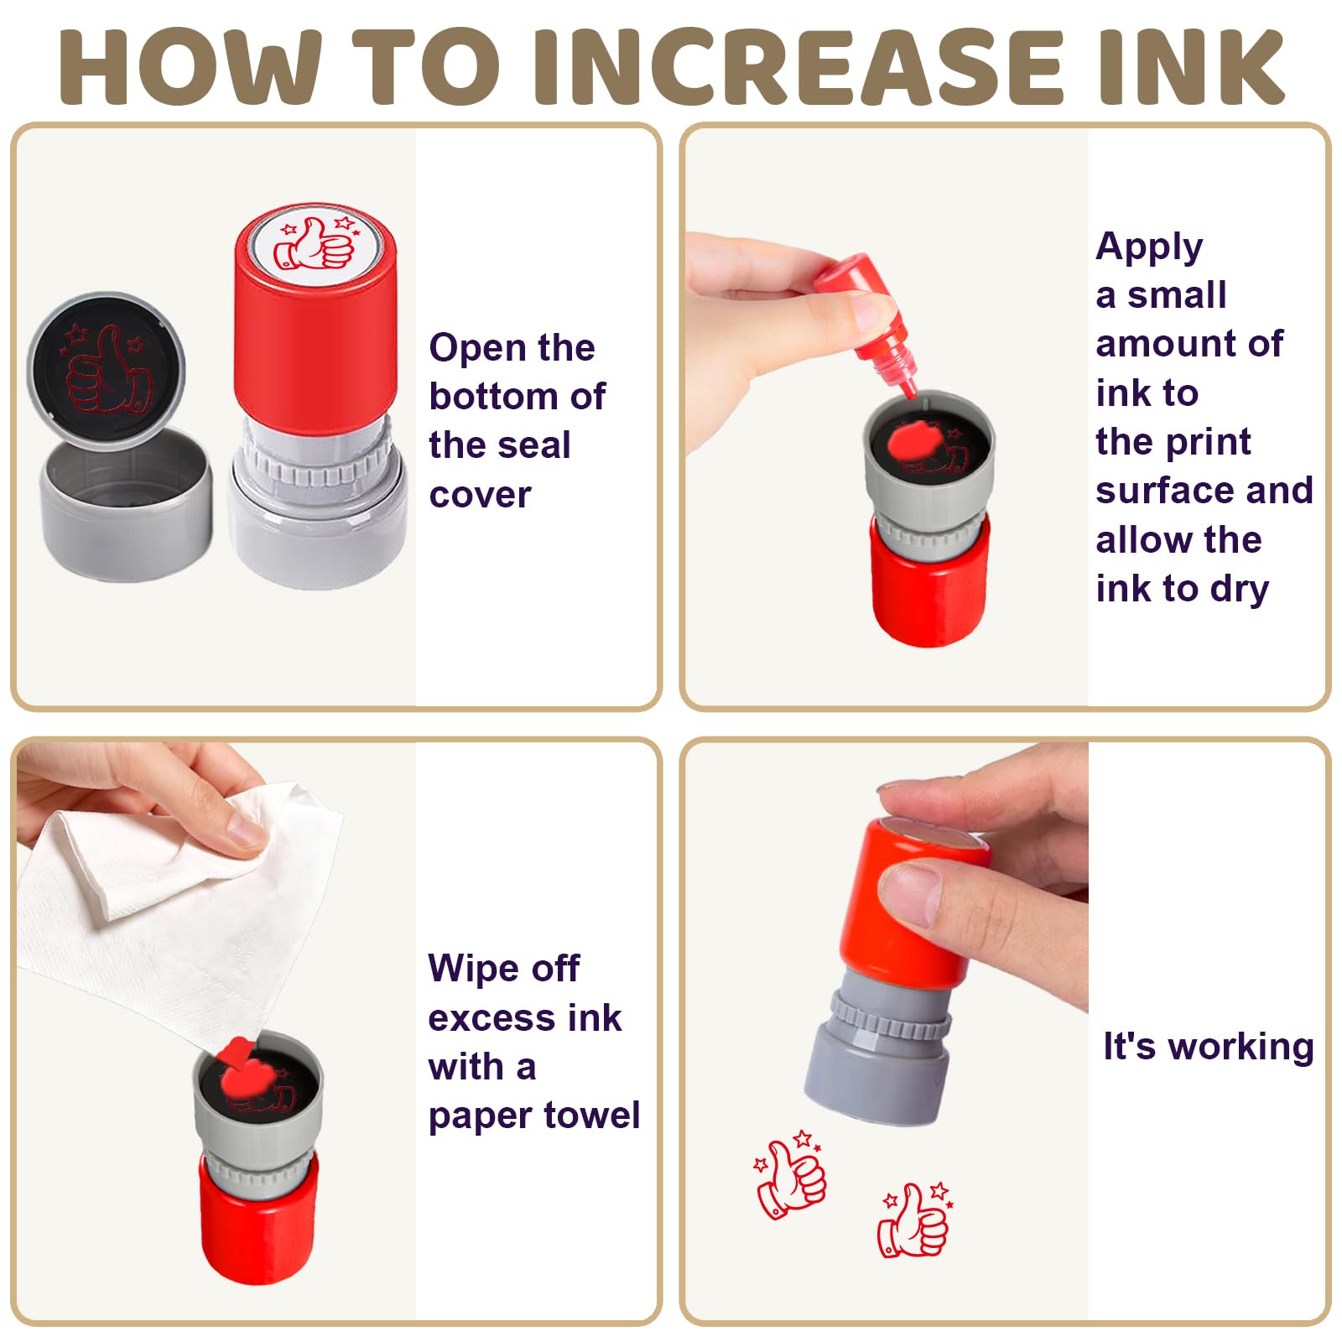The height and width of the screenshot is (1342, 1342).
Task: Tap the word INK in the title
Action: pos(1191,66)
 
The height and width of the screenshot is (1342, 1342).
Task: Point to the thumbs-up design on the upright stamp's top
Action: pos(315,243)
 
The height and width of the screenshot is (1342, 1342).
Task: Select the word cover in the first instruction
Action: pos(480,495)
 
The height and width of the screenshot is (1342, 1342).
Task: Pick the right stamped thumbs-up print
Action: pos(914,1220)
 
